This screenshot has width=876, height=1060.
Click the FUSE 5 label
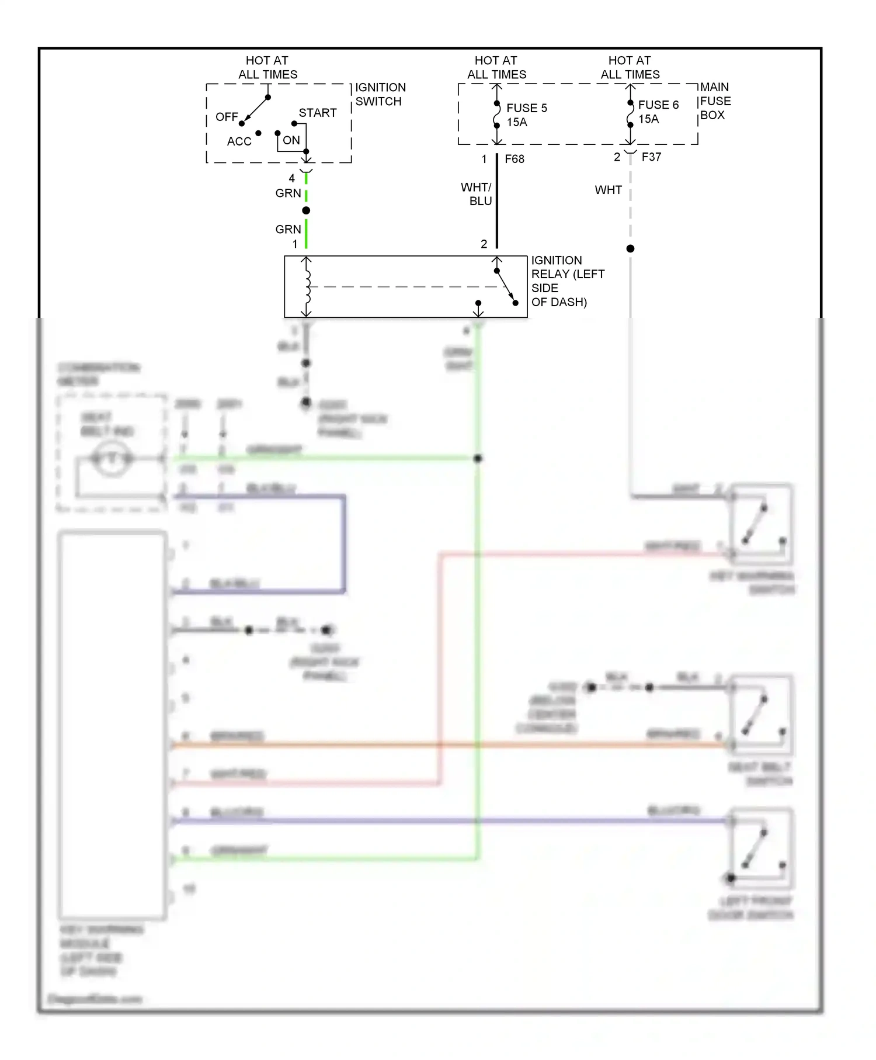(x=526, y=108)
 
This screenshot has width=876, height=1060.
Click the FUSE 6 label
(x=658, y=105)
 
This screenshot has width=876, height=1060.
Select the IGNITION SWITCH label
(x=380, y=94)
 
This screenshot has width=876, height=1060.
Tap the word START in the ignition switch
(x=318, y=113)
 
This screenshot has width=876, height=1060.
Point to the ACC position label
(x=239, y=141)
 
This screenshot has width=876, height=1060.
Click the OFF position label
(x=227, y=117)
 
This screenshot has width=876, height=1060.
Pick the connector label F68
(x=514, y=159)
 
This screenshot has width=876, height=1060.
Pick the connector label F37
(x=651, y=157)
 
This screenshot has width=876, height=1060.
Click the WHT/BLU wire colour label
(x=477, y=194)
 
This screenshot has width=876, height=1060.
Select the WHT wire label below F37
(x=608, y=190)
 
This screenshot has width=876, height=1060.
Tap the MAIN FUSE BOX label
(x=715, y=101)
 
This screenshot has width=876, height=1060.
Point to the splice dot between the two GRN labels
(x=306, y=210)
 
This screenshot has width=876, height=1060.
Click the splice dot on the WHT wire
(x=630, y=249)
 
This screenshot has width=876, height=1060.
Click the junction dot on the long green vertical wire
(x=478, y=459)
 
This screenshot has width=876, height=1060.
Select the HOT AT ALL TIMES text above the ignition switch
(x=267, y=67)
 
